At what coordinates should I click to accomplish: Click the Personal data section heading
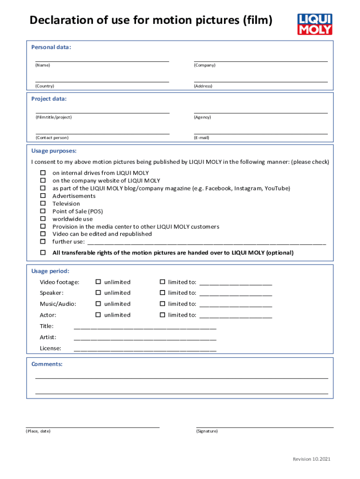pos(51,47)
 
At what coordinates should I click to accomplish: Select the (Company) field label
pos(204,65)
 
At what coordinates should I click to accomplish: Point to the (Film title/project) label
pos(53,117)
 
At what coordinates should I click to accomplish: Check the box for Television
pos(43,203)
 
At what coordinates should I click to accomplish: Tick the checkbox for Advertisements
pos(43,196)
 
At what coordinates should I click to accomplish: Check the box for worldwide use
pos(43,219)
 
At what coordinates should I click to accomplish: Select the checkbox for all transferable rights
pos(43,253)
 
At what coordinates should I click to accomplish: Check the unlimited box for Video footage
pos(98,282)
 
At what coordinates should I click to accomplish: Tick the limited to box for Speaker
pos(162,293)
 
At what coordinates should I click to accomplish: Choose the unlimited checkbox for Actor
pos(98,315)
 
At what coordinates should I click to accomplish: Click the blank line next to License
pos(145,348)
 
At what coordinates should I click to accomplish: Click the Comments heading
pos(47,364)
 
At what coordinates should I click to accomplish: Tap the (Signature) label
pos(207,431)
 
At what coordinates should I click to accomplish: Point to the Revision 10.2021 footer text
pos(311,459)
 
